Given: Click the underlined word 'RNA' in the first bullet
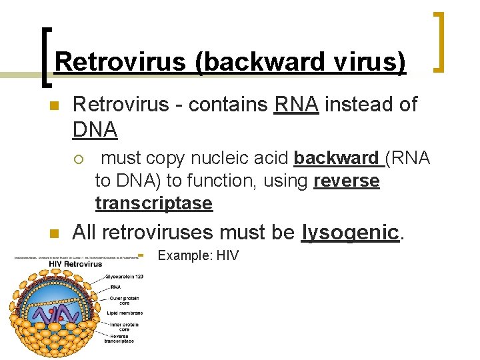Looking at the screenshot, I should pyautogui.click(x=296, y=104).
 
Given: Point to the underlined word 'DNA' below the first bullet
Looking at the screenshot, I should pyautogui.click(x=95, y=129).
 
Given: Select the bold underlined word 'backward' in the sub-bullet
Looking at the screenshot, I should pyautogui.click(x=336, y=158).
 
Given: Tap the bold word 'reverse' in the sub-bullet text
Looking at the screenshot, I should pyautogui.click(x=346, y=181).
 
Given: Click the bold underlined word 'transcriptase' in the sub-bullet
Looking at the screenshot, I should pyautogui.click(x=154, y=203).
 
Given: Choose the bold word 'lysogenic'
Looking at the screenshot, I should pyautogui.click(x=350, y=233).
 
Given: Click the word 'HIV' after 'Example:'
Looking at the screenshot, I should pyautogui.click(x=227, y=255).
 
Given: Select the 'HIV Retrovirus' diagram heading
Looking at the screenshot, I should pyautogui.click(x=75, y=263).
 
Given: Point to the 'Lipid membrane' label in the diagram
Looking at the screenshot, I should pyautogui.click(x=123, y=312).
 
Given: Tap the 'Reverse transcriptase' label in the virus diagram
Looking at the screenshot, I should pyautogui.click(x=119, y=338).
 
